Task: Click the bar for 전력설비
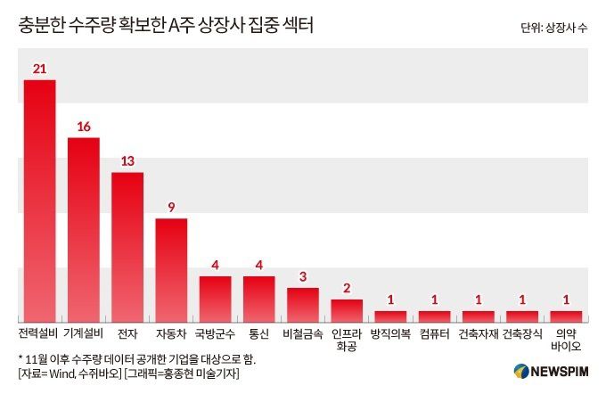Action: tap(39, 201)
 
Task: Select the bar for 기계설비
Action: tap(84, 229)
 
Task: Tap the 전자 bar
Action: tap(127, 247)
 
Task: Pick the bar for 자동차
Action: tap(171, 270)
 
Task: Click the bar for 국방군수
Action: tap(215, 299)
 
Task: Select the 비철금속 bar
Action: tap(303, 304)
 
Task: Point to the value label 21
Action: tap(39, 69)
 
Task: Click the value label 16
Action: tap(84, 127)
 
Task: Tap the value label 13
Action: tap(127, 161)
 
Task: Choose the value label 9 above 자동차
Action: tap(171, 207)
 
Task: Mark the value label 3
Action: tap(303, 276)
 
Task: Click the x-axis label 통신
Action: tap(259, 334)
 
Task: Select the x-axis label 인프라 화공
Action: tap(347, 340)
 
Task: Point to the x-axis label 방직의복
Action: tap(391, 334)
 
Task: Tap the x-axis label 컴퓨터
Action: tap(435, 334)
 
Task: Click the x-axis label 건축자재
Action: tap(479, 334)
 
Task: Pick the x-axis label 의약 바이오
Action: tap(567, 340)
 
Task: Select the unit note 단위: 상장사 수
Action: tap(554, 28)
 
